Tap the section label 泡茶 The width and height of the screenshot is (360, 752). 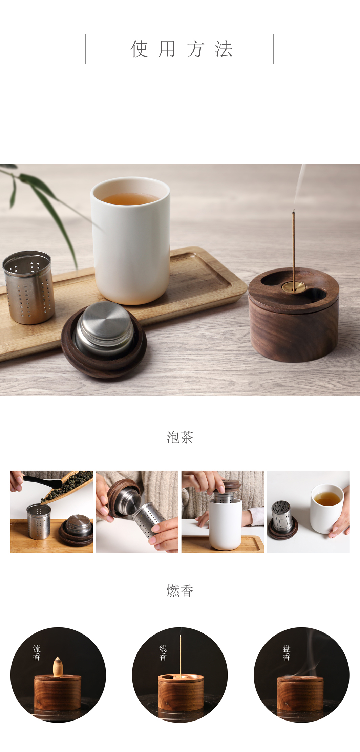(180, 437)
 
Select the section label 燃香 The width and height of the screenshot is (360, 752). (180, 590)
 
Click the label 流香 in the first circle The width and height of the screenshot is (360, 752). (37, 652)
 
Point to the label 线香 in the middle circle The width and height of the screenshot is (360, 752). (163, 652)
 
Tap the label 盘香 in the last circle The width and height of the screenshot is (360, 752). (287, 652)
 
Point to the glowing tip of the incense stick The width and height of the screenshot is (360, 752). (293, 211)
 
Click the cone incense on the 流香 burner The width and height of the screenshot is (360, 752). (58, 666)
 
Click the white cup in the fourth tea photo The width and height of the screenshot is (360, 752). (326, 508)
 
